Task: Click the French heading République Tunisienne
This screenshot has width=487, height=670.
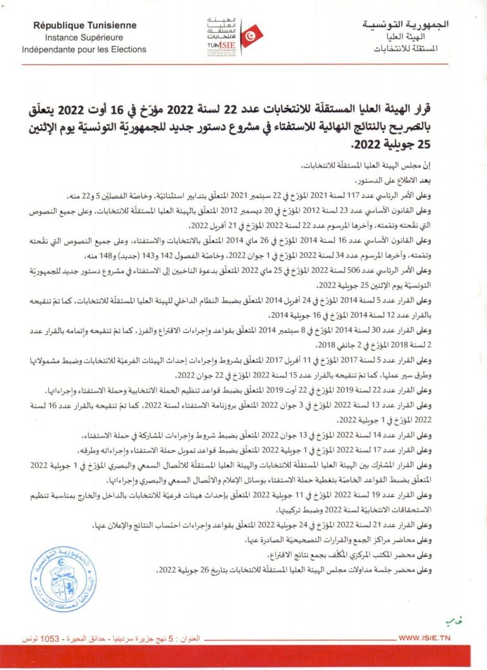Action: [x=85, y=26]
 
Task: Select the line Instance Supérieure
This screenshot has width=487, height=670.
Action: [x=85, y=37]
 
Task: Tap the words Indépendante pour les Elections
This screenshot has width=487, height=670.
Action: [x=85, y=49]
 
